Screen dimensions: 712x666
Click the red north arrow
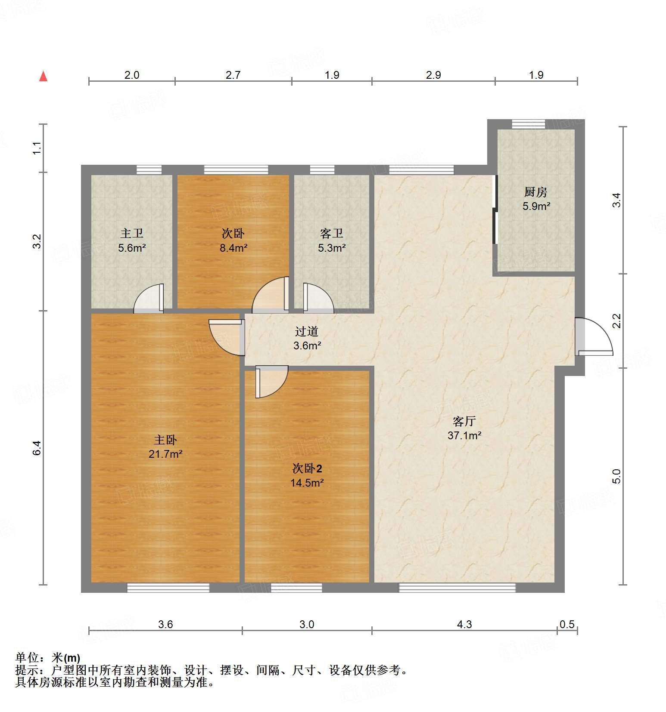click(43, 76)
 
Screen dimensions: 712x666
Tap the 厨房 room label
click(535, 192)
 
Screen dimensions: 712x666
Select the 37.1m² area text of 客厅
click(464, 435)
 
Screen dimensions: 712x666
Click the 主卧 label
click(165, 440)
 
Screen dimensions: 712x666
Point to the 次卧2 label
click(307, 468)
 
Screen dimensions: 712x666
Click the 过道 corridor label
click(307, 331)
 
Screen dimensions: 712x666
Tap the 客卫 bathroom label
click(331, 233)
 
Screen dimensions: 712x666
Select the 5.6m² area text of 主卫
click(132, 248)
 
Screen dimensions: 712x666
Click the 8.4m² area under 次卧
click(233, 248)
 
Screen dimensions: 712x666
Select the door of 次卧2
click(271, 381)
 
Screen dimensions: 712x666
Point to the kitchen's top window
click(528, 124)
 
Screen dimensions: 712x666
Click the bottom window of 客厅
click(457, 587)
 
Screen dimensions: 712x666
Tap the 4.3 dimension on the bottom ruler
click(464, 624)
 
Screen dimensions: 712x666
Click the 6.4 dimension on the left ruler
click(37, 448)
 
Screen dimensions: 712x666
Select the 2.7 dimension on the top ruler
click(233, 75)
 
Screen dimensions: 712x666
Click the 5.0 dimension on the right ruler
click(616, 476)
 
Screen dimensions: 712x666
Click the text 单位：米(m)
click(48, 657)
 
